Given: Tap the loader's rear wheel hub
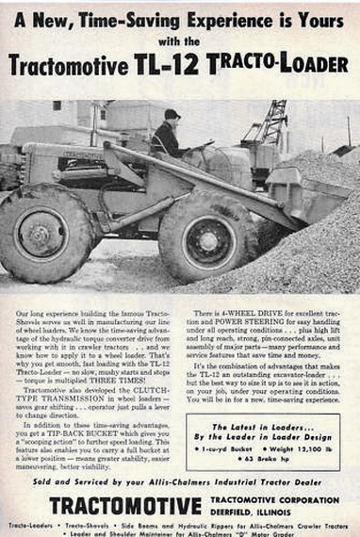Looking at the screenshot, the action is (x=40, y=238).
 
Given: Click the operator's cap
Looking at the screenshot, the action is (x=172, y=114).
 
